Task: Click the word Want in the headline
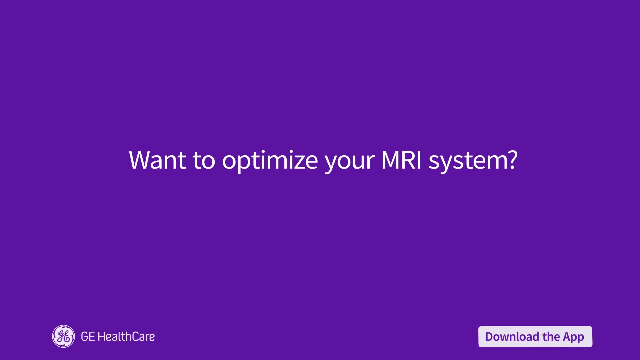(x=157, y=160)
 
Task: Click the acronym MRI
(x=401, y=160)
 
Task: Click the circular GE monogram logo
(x=63, y=336)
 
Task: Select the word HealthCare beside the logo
(x=126, y=337)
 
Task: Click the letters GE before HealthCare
(x=88, y=337)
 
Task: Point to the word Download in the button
(x=512, y=337)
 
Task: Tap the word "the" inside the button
(x=551, y=337)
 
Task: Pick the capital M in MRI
(x=390, y=160)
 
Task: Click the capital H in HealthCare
(x=102, y=337)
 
